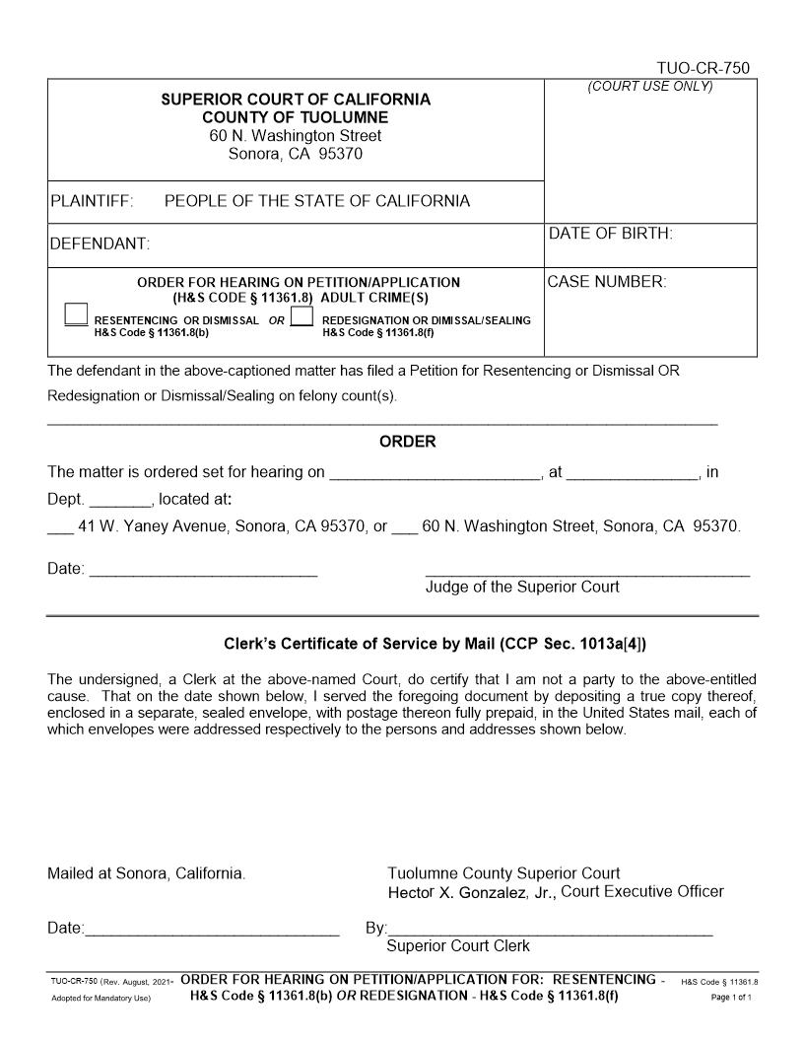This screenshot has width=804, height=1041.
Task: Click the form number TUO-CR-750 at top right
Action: coord(703,68)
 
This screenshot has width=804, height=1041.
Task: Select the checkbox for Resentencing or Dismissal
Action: coord(76,314)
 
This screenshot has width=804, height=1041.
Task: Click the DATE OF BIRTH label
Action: coord(610,234)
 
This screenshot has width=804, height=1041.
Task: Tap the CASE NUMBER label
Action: coord(607,282)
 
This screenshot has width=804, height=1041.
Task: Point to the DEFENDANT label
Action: coord(99,243)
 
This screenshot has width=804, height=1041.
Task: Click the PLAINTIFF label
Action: coord(91,201)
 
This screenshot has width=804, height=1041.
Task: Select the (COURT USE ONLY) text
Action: coord(650,87)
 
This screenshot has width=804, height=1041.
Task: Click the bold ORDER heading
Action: coord(407,442)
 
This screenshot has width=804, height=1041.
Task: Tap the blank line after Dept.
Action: coord(120,501)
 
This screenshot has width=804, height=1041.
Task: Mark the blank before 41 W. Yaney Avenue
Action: coord(60,527)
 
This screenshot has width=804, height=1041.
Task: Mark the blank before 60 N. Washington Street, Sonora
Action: coord(404,527)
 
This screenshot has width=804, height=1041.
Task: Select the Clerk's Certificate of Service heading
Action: coord(435,645)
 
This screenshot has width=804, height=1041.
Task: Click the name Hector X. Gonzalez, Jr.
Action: coord(472,892)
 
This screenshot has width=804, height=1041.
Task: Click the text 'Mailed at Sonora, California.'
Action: coord(147,873)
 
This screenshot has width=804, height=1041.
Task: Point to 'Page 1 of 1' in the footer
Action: coord(731,998)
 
